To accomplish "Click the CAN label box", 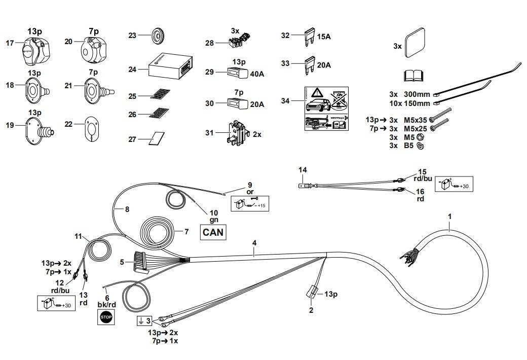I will (x=213, y=232).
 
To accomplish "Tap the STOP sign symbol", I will (x=105, y=317).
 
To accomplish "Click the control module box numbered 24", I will (x=169, y=67).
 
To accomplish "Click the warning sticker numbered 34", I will (x=326, y=108).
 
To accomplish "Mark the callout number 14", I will (x=303, y=170).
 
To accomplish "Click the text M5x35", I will (x=415, y=120).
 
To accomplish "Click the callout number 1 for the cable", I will (x=449, y=217).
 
